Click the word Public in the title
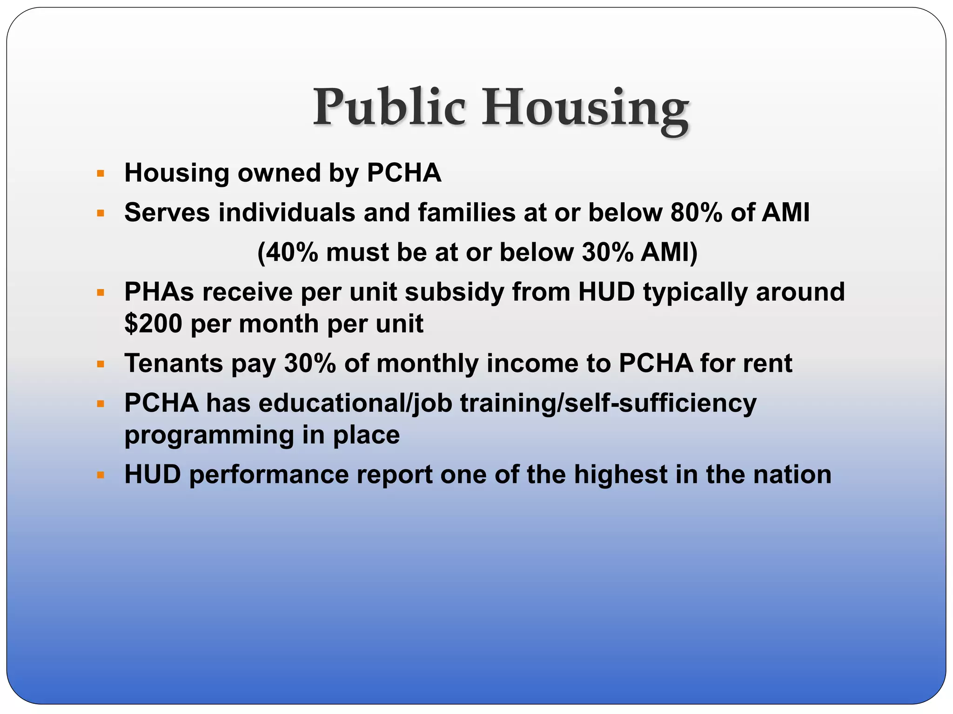pyautogui.click(x=389, y=108)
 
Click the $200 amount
pyautogui.click(x=153, y=324)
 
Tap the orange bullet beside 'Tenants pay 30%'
pyautogui.click(x=101, y=364)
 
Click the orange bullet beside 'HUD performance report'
pyautogui.click(x=101, y=476)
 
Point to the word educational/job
pyautogui.click(x=356, y=403)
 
